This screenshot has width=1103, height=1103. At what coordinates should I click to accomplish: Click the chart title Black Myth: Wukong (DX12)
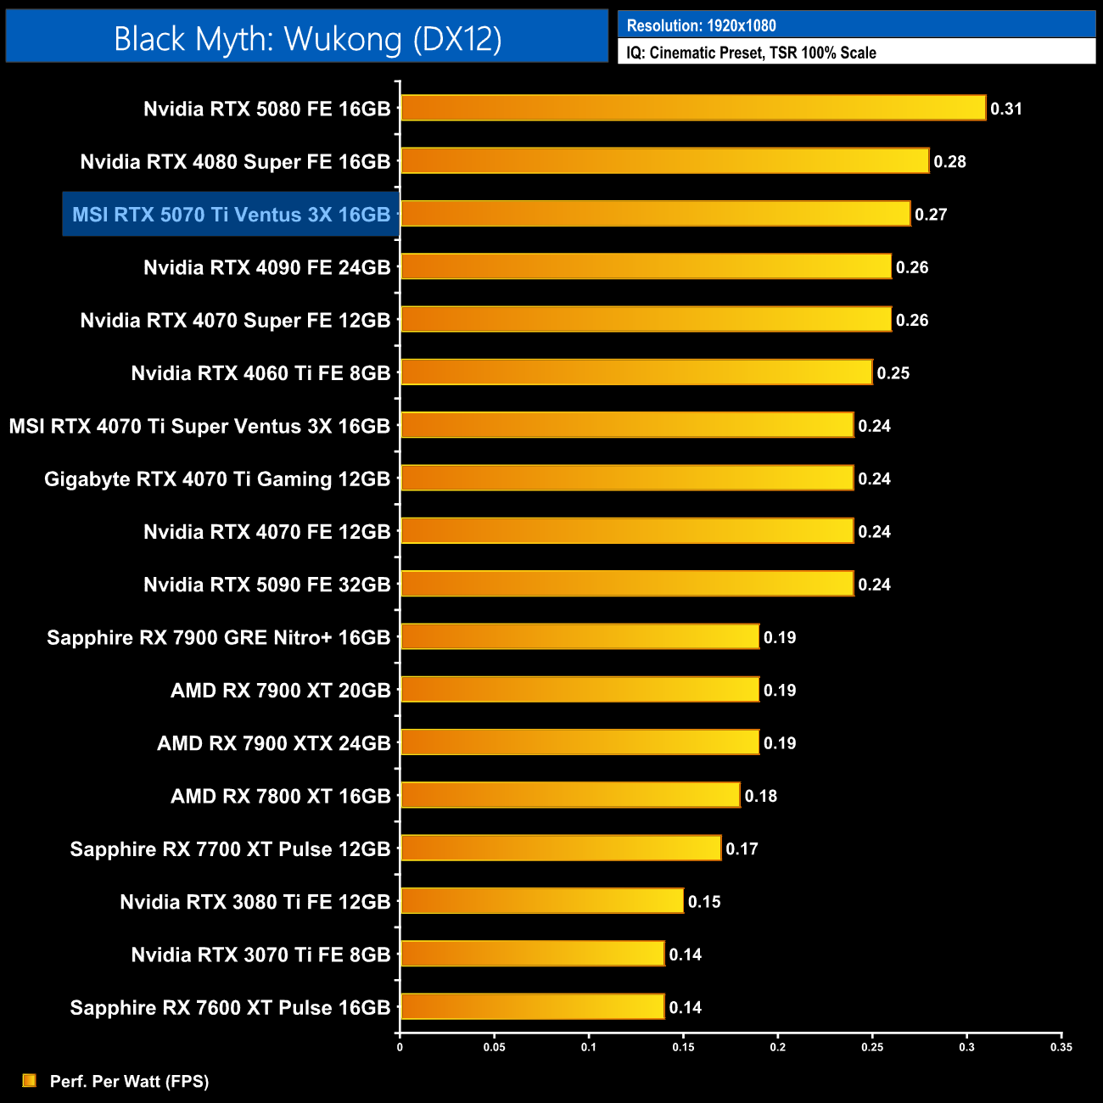(307, 39)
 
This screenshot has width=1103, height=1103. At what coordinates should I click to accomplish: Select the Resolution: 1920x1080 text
(701, 25)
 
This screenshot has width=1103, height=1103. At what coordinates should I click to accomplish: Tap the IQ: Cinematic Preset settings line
(751, 53)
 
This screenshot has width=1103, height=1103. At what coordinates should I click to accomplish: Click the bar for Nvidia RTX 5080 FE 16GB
(692, 108)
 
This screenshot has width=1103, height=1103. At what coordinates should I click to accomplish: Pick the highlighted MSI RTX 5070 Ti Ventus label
(231, 215)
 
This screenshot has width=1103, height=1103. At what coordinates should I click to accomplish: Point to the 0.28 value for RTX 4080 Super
(949, 161)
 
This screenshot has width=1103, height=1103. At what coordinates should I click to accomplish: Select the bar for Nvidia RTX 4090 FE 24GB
(646, 266)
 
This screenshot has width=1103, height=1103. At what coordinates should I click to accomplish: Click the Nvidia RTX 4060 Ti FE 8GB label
(260, 373)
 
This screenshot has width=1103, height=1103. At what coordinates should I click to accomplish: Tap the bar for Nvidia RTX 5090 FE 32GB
(626, 584)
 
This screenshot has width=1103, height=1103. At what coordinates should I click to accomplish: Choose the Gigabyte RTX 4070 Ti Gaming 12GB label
(217, 479)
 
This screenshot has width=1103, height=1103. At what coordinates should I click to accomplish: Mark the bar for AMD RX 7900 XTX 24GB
(579, 742)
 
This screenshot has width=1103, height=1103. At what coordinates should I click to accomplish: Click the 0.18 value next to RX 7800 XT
(760, 796)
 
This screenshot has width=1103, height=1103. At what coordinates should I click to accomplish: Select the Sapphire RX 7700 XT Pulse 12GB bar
(560, 848)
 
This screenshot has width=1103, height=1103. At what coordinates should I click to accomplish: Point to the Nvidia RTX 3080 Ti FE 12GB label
(255, 902)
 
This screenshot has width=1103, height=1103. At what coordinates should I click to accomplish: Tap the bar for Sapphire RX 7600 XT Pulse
(532, 1006)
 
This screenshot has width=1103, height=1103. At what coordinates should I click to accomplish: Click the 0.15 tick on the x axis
(683, 1047)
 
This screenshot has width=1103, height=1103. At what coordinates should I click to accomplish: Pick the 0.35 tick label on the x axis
(1061, 1047)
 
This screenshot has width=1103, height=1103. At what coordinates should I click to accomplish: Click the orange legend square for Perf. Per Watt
(30, 1080)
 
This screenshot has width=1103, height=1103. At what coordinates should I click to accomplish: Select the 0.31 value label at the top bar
(1006, 109)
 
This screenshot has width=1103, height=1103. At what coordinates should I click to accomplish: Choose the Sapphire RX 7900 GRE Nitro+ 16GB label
(218, 638)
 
